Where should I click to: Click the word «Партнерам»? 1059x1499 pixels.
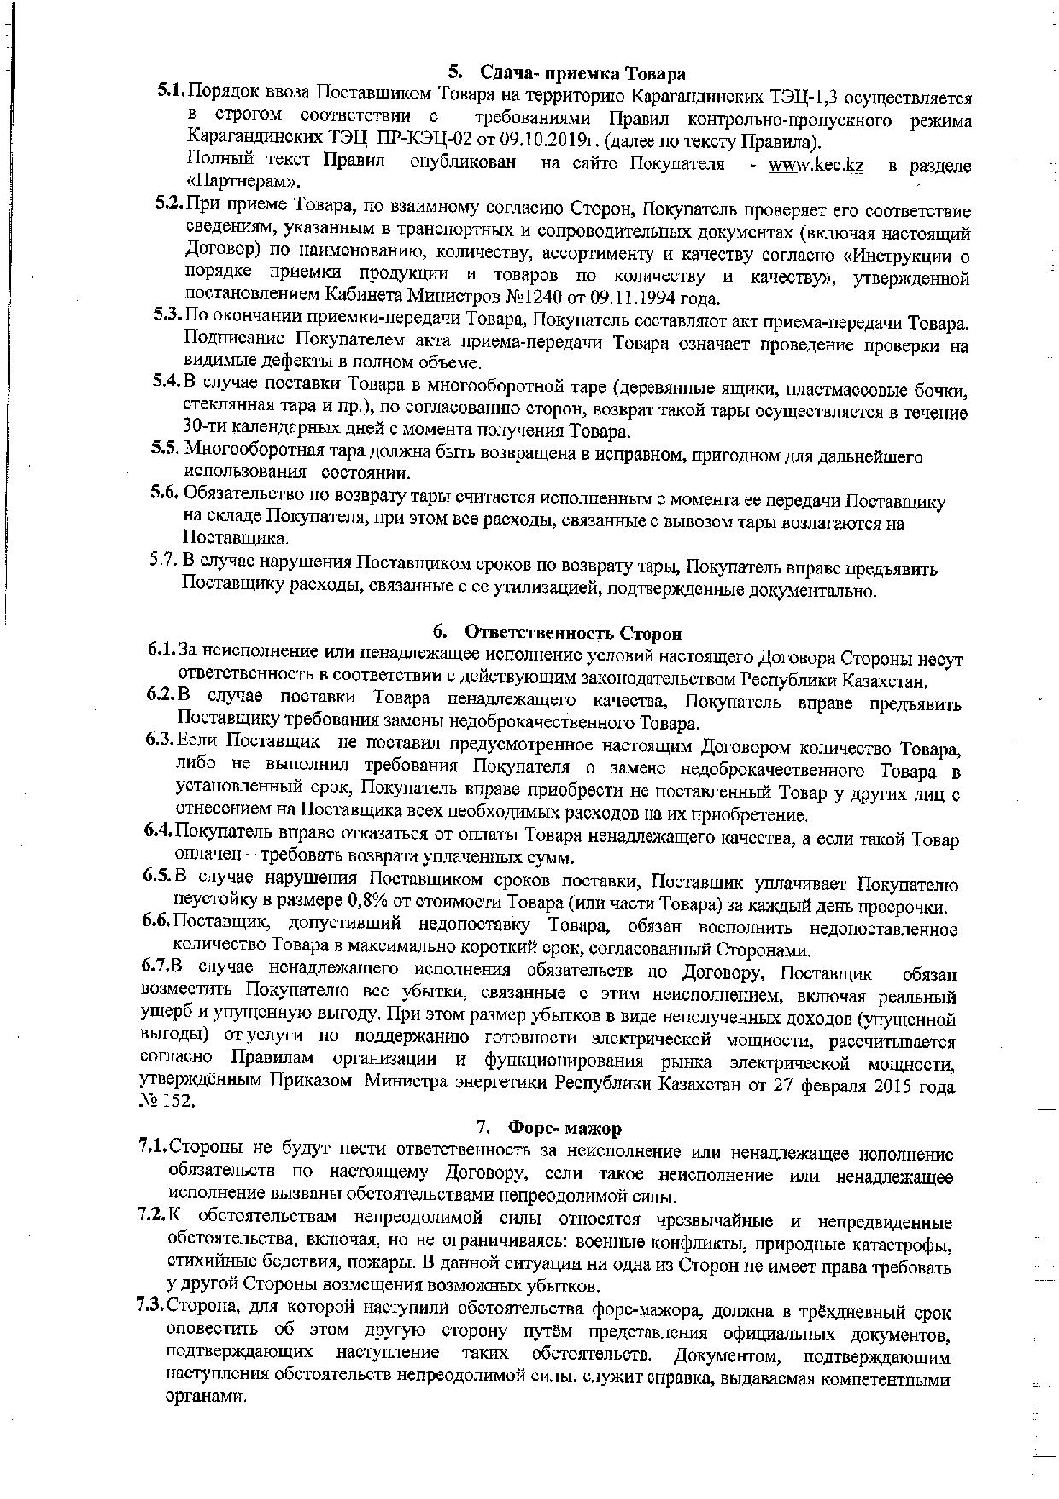coord(243,182)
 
